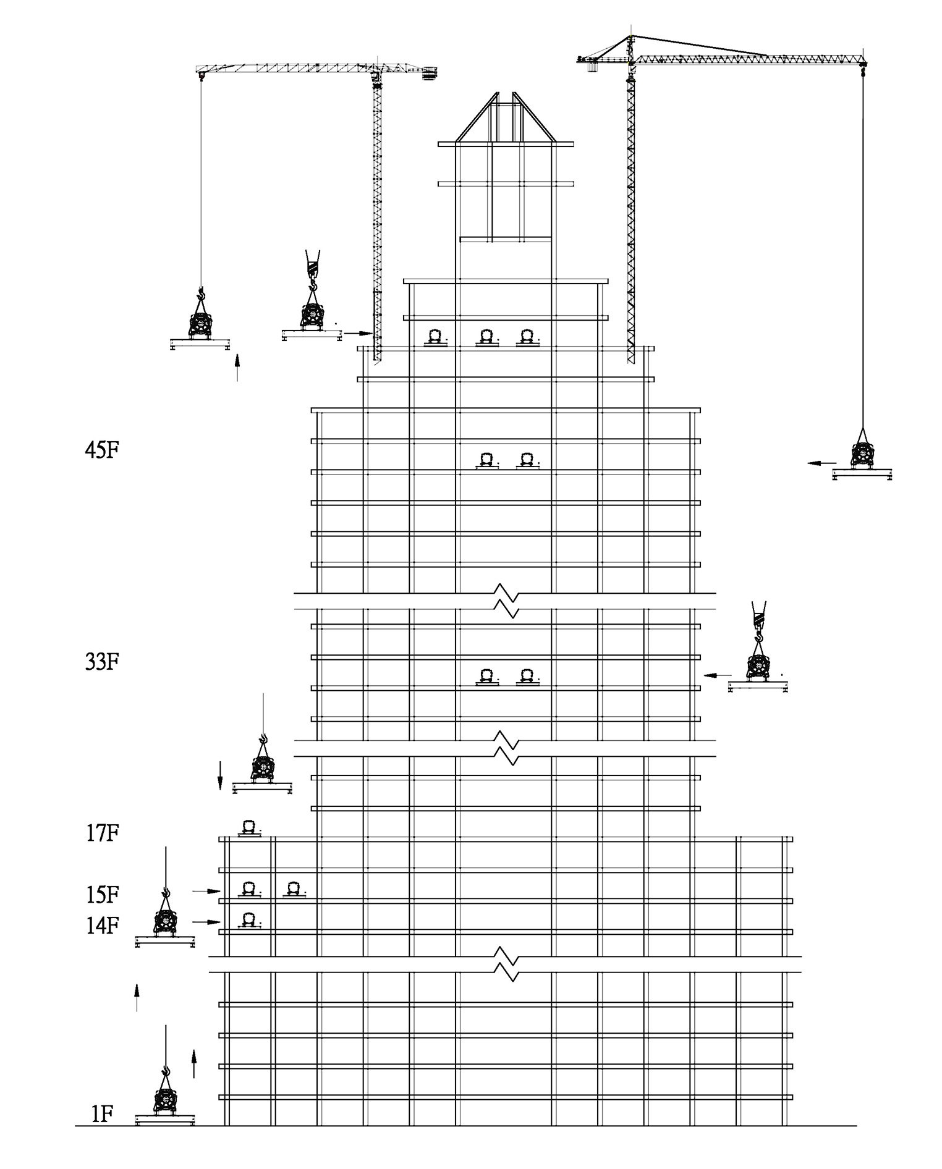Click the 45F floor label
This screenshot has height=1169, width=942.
(x=102, y=450)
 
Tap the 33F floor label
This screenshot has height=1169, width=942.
(x=102, y=662)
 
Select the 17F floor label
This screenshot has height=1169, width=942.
(x=102, y=833)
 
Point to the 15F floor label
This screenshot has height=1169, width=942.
(x=102, y=894)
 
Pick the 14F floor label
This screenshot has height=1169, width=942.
(x=102, y=926)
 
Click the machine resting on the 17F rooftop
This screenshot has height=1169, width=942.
(x=249, y=828)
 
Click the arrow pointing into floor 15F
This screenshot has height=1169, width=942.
(x=206, y=891)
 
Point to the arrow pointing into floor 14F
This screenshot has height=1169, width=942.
(x=206, y=922)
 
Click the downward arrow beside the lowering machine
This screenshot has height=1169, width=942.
(x=219, y=775)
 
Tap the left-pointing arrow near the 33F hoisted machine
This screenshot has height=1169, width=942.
(x=719, y=675)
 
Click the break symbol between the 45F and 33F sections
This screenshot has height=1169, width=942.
(x=506, y=601)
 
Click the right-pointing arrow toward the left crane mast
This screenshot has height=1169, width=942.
(x=357, y=333)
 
